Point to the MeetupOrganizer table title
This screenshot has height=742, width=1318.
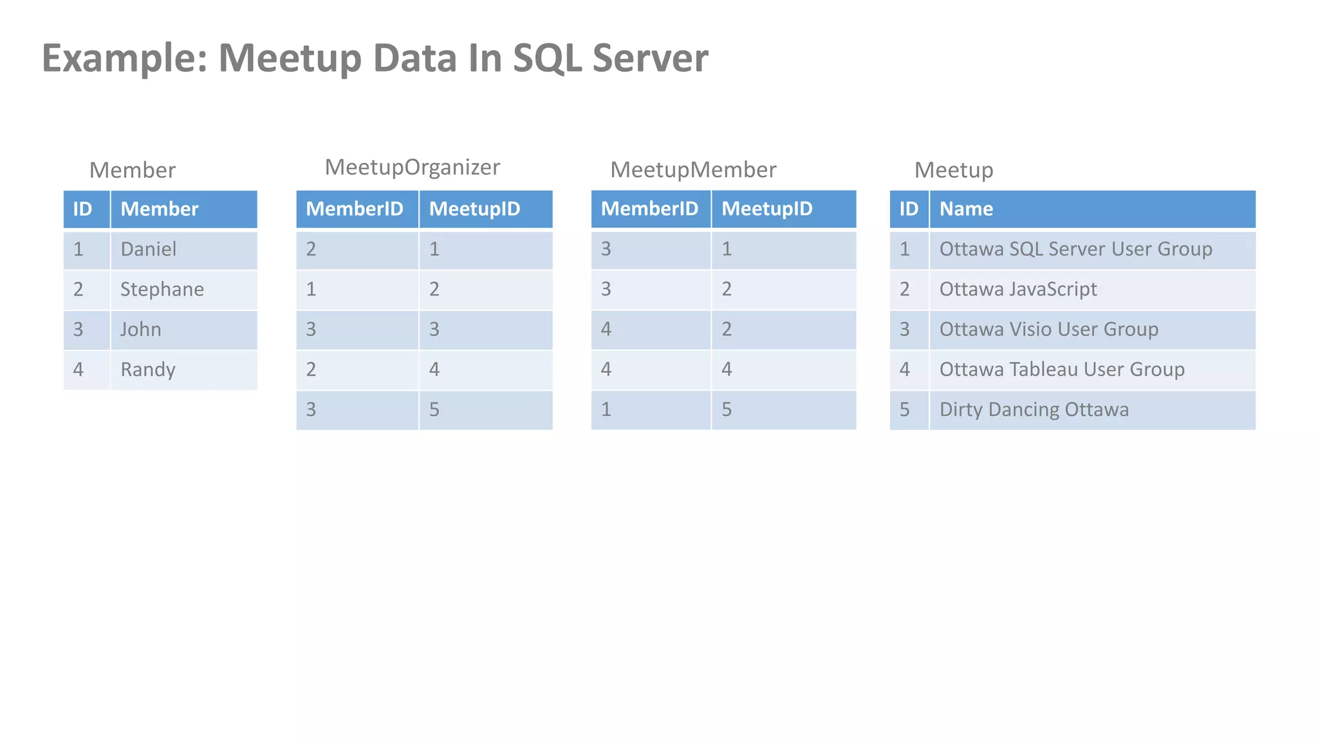coord(412,167)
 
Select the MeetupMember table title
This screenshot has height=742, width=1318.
coord(693,170)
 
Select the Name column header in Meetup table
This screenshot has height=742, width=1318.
coord(966,209)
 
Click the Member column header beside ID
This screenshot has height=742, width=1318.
coord(160,209)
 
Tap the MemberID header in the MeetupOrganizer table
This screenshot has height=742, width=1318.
coord(355,209)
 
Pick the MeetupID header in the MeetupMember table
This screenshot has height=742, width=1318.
coord(767,209)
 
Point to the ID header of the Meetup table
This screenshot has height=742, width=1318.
coord(909,209)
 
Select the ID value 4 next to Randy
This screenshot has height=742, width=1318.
coord(79,370)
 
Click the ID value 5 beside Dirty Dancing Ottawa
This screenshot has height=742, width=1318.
coord(905,410)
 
